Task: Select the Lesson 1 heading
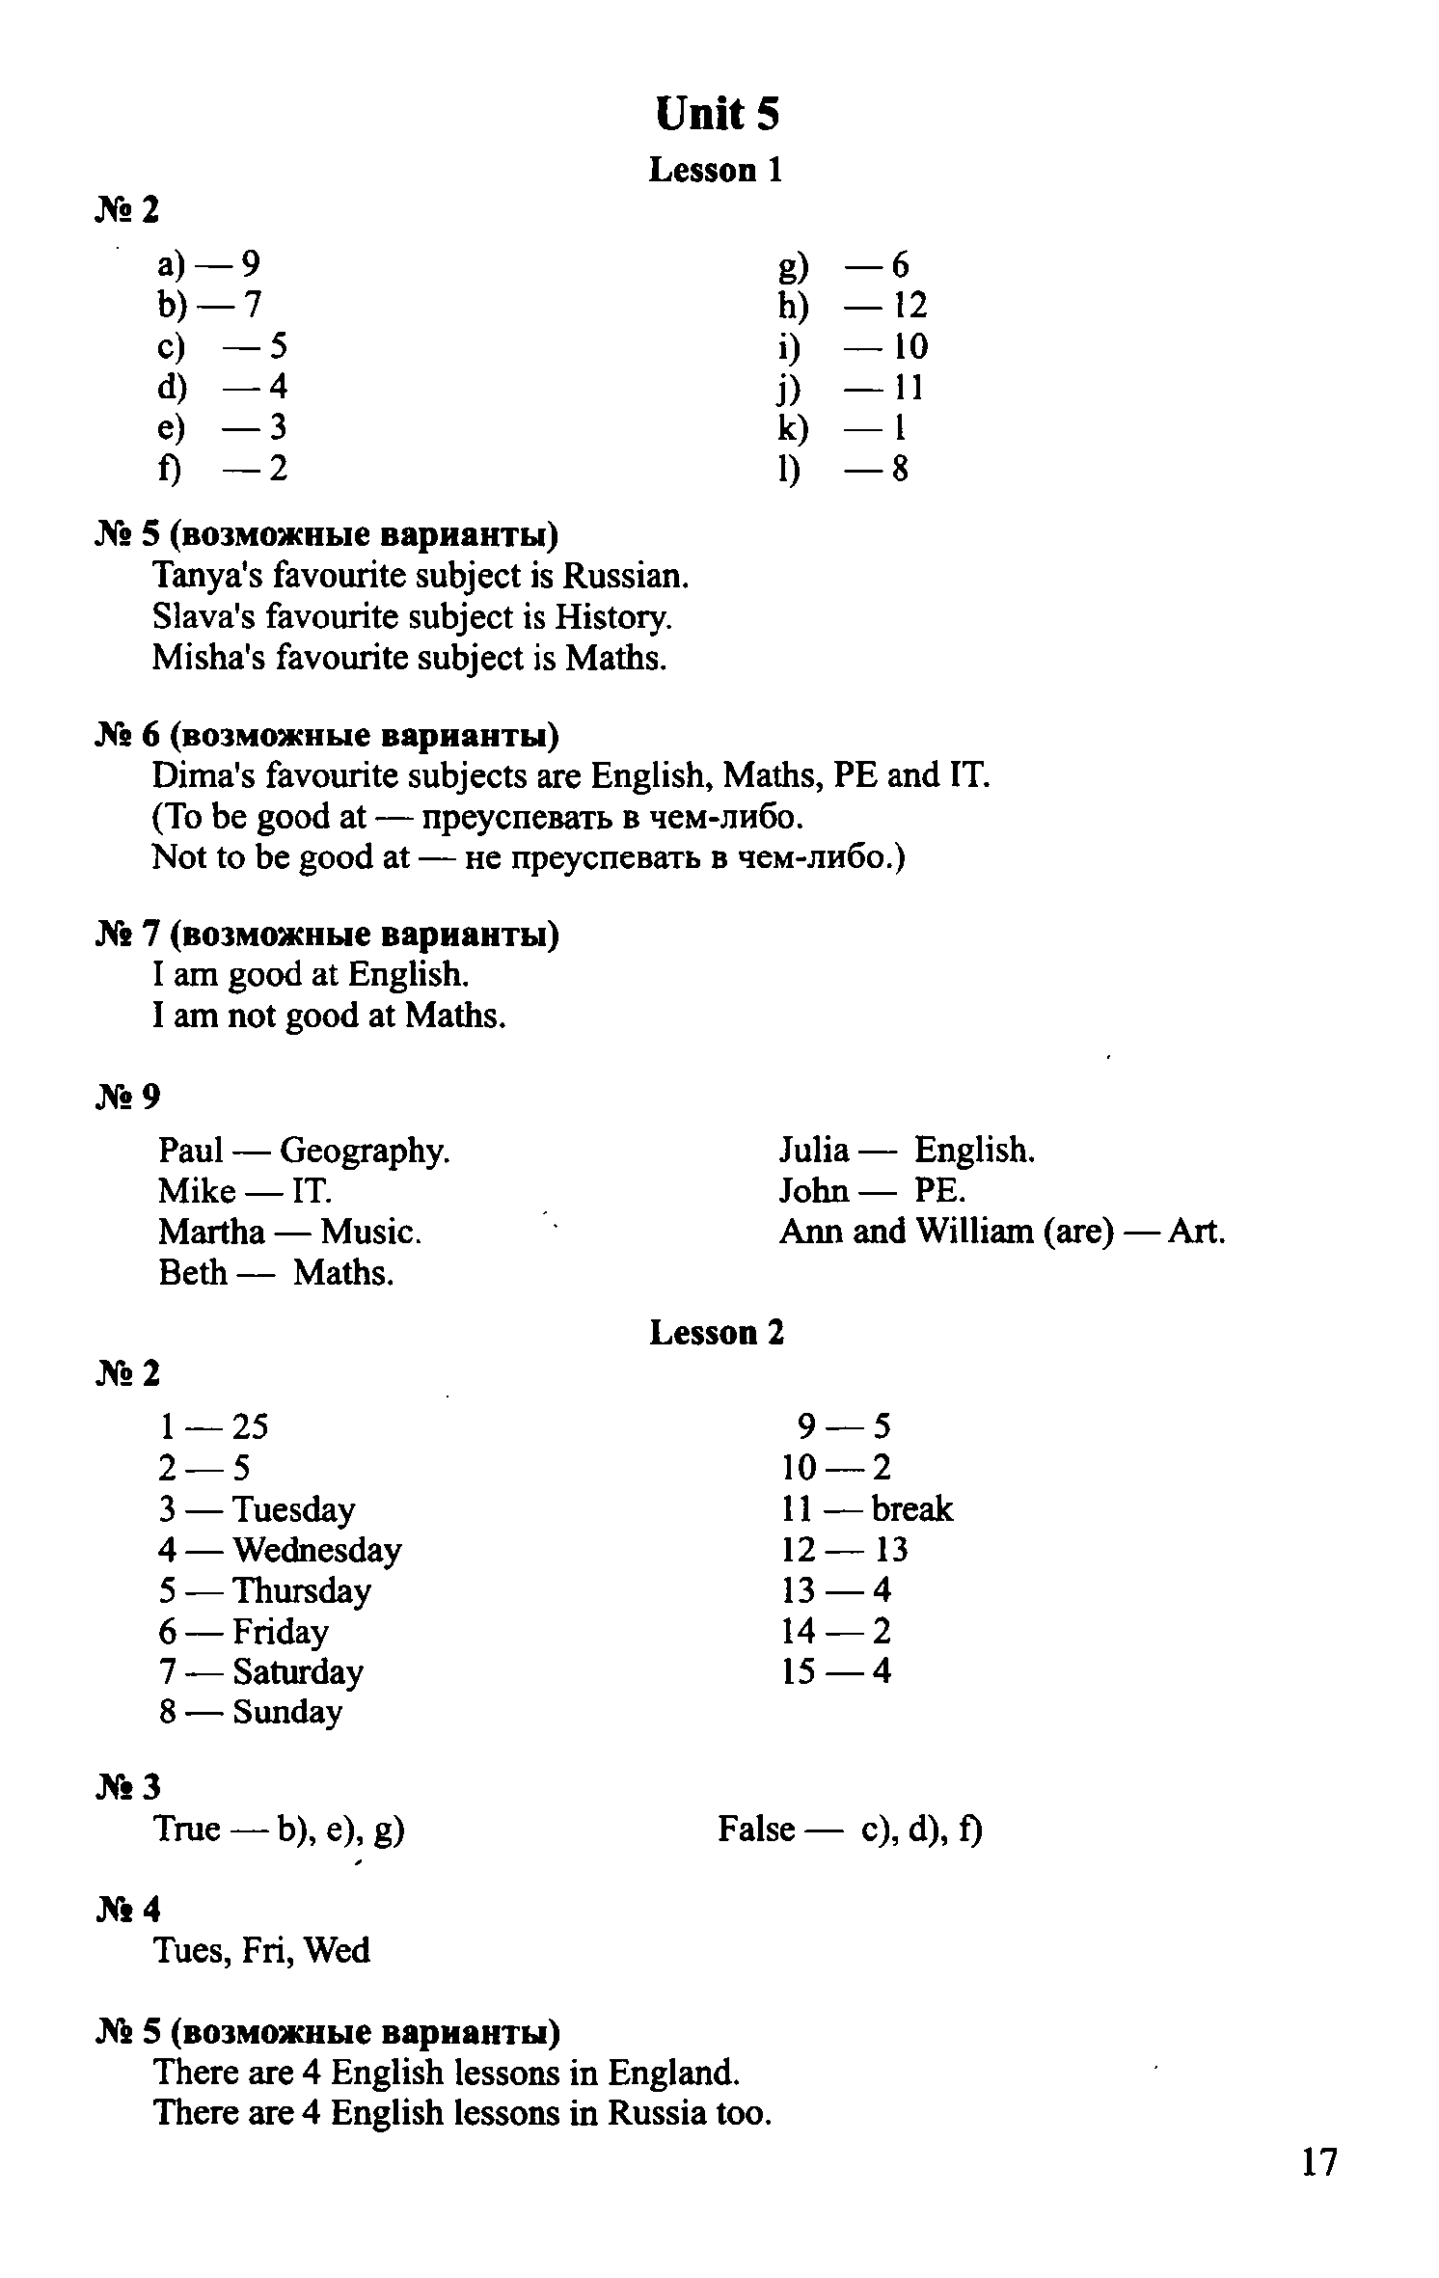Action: [716, 171]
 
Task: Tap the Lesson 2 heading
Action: [717, 1333]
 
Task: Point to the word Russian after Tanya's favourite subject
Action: [626, 577]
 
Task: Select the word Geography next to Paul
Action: [365, 1151]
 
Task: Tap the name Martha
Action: [211, 1232]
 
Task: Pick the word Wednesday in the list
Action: [317, 1550]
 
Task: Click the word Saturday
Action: [298, 1671]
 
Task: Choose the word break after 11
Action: [911, 1509]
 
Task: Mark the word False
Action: [756, 1829]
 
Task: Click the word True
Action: [187, 1829]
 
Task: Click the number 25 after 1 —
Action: [251, 1426]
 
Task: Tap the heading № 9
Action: [128, 1097]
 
